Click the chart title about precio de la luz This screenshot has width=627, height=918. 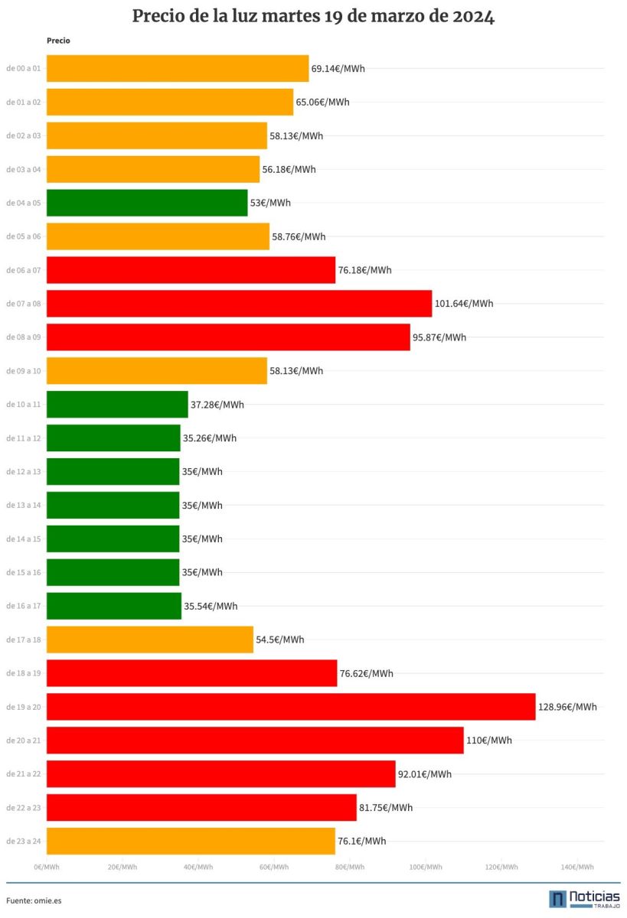(x=313, y=17)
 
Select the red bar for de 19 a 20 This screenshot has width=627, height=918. (x=291, y=707)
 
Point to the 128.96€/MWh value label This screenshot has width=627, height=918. (x=567, y=707)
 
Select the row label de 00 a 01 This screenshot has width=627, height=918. (x=24, y=69)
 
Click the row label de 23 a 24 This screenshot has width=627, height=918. (x=24, y=841)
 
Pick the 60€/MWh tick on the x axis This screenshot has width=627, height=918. (x=274, y=867)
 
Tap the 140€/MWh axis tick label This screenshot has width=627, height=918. (x=577, y=867)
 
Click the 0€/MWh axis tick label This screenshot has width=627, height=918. (x=47, y=867)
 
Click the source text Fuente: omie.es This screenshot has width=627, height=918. (x=34, y=900)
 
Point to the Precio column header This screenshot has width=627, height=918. (x=58, y=41)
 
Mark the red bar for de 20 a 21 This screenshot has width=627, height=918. (x=255, y=741)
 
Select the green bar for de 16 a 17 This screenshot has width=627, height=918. (x=114, y=606)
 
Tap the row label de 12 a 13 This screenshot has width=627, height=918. (x=24, y=472)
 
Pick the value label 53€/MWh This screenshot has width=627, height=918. (x=270, y=203)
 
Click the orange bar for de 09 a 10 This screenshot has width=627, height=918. (x=157, y=371)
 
